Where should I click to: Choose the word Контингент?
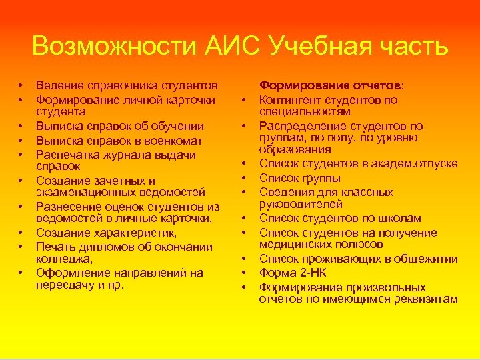pos(291,100)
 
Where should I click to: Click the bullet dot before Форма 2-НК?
pos(245,273)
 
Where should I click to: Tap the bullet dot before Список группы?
pos(245,179)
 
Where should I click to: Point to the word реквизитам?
pos(427,299)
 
